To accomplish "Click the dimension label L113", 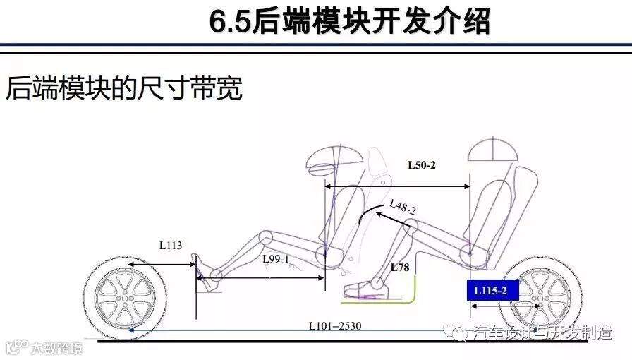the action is (171, 246).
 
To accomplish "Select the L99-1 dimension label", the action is (276, 259).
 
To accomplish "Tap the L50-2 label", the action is (422, 166).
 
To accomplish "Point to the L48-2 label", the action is (403, 207).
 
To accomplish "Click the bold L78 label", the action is (400, 268).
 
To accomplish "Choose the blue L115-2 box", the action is (491, 290).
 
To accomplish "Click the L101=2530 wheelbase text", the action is (335, 326).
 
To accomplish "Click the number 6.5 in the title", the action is (230, 22).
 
